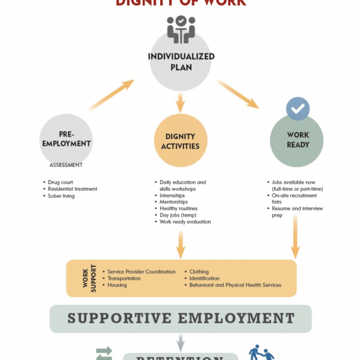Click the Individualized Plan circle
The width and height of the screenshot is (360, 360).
coord(181,62)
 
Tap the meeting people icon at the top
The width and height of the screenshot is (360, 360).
coord(181,29)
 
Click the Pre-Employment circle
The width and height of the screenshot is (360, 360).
coord(66,140)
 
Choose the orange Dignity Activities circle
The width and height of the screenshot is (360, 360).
coord(181,142)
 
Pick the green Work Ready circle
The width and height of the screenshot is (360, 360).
coord(298,140)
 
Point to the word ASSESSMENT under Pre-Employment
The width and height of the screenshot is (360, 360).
coord(66,164)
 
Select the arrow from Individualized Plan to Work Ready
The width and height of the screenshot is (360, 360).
coord(238,94)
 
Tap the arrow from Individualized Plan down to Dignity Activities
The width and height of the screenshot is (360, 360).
coord(181,102)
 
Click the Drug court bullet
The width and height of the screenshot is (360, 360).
coord(62,182)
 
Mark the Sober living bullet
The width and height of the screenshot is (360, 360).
coord(61,196)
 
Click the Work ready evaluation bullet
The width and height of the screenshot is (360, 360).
coord(185,222)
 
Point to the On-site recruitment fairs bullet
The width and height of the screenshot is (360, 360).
coord(294,199)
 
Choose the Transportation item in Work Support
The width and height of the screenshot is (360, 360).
coord(125,278)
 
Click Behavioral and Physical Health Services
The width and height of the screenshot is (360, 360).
coord(235,285)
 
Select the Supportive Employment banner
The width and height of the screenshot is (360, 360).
coord(181,318)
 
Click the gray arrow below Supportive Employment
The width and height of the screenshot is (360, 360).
coord(181,342)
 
